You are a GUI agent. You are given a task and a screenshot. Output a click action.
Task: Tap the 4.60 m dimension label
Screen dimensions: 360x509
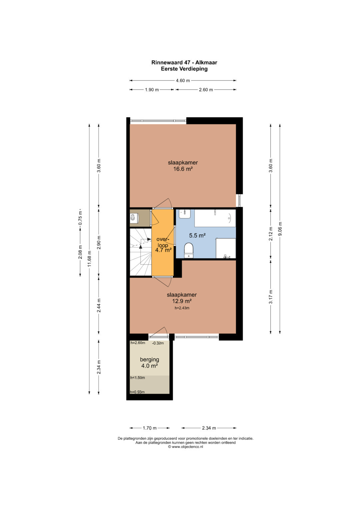183,80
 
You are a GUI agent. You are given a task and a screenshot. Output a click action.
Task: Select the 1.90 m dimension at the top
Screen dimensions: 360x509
152,90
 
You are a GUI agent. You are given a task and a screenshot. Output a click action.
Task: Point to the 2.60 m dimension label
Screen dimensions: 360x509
206,90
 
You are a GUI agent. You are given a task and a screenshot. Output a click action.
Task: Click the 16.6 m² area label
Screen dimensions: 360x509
183,169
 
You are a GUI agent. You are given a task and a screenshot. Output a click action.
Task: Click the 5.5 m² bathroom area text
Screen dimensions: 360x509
197,235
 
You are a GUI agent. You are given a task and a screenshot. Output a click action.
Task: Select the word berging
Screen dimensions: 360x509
149,360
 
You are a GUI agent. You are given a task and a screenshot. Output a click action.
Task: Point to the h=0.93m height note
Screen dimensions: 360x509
137,392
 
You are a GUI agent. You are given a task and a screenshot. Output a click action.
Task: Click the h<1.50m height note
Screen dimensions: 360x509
137,378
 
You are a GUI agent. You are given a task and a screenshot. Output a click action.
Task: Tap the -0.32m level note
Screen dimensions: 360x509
158,343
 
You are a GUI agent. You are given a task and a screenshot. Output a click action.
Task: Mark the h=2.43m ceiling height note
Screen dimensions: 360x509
182,308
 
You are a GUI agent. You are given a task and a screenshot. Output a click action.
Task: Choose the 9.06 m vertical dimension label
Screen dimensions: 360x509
280,229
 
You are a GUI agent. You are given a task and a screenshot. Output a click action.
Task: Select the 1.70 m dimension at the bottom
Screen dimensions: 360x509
150,428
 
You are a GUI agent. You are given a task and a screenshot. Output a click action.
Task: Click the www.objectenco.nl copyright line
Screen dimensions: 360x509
185,447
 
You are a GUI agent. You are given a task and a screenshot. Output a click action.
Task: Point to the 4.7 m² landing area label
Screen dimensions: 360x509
163,250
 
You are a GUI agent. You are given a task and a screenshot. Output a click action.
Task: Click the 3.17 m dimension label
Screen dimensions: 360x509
271,297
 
